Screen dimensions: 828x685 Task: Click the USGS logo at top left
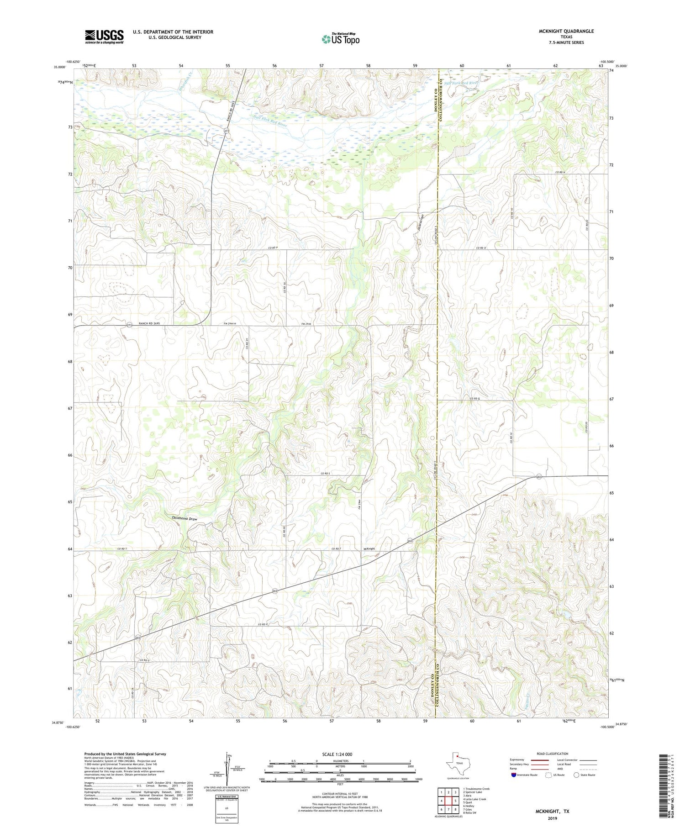click(x=104, y=37)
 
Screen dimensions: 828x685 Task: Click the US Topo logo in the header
click(x=341, y=39)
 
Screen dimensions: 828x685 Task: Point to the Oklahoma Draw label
click(x=184, y=519)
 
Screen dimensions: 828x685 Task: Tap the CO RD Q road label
click(x=475, y=398)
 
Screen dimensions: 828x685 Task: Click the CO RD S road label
click(x=325, y=474)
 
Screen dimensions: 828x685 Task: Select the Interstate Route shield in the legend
click(x=514, y=775)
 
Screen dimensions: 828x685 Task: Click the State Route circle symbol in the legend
click(x=577, y=775)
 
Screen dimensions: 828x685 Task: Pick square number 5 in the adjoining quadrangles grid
click(x=456, y=801)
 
